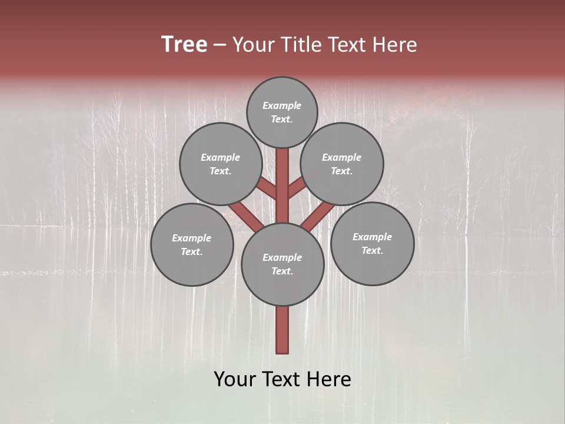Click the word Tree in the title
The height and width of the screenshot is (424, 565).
184,44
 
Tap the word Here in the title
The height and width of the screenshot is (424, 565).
395,44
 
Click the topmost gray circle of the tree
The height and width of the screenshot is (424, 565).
282,112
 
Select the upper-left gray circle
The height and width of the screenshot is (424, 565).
221,164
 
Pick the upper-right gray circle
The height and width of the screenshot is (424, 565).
342,164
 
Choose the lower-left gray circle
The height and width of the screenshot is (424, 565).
192,244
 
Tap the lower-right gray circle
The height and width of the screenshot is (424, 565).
372,243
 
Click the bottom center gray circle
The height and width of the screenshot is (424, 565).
282,264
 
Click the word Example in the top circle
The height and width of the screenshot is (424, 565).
282,105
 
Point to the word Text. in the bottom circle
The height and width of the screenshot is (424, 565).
282,271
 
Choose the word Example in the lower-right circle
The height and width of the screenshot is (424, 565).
372,237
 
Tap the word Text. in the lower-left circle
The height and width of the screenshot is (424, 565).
192,251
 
